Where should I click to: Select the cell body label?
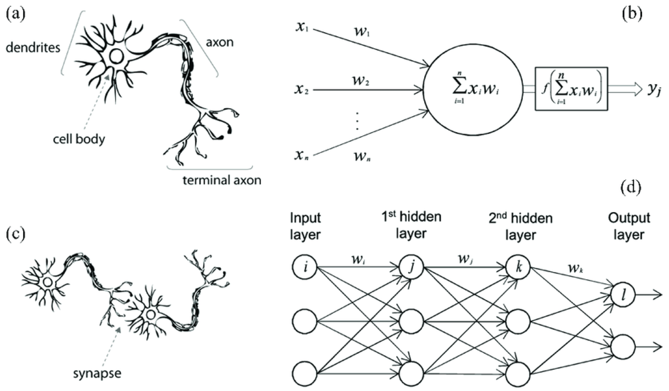click(79, 139)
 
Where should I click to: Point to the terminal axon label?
click(222, 180)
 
